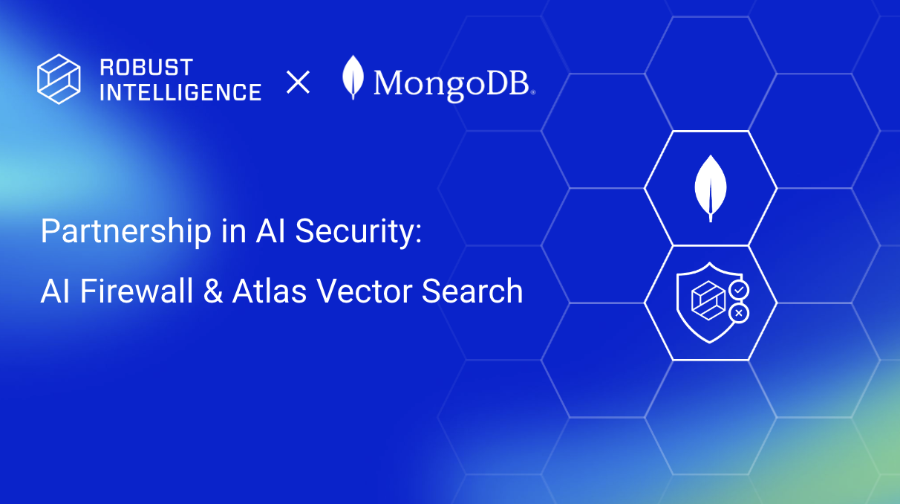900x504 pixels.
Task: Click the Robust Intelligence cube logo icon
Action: tap(59, 79)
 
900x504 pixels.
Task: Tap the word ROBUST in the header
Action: tap(146, 68)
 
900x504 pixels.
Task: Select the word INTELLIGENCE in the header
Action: tap(180, 92)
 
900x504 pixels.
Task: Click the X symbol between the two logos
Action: tap(298, 82)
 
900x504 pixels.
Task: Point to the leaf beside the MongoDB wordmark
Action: tap(353, 77)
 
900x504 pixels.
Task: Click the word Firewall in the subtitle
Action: tap(140, 291)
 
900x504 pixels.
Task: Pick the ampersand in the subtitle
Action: tap(213, 291)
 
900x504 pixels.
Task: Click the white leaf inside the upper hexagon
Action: tap(711, 187)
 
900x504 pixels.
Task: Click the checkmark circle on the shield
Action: tap(739, 289)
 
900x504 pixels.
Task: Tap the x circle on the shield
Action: tap(739, 314)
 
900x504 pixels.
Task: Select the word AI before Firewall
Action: tap(56, 291)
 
